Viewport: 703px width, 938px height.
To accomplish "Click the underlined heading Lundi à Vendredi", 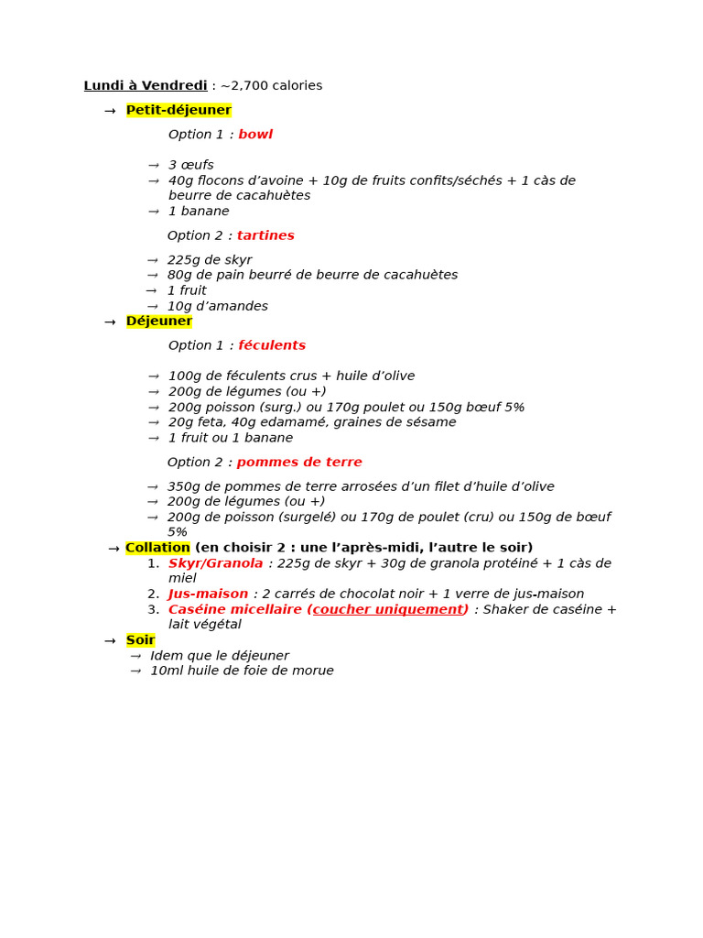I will tap(146, 86).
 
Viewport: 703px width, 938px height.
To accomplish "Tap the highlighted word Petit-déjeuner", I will tap(178, 110).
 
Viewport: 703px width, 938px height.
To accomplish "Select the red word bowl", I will tap(255, 135).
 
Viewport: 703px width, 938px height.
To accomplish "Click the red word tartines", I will tap(265, 235).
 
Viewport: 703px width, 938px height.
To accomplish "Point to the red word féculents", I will tap(272, 345).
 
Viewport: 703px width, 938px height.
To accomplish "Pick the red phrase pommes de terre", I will tap(299, 463).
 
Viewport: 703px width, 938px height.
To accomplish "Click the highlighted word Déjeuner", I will tap(159, 322).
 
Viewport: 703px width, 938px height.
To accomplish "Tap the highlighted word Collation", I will tap(157, 548).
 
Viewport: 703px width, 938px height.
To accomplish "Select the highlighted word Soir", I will tap(140, 640).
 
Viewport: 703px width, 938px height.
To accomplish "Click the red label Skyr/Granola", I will tap(216, 563).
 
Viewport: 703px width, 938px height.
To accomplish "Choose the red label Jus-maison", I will tap(209, 594).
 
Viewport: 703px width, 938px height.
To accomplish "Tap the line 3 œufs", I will tap(190, 165).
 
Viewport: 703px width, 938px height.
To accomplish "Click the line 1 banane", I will tap(199, 212).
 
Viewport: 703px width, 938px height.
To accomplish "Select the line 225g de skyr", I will tap(210, 260).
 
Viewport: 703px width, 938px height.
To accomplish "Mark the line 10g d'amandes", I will tap(218, 306).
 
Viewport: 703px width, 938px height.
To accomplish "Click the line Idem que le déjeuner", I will tap(220, 656).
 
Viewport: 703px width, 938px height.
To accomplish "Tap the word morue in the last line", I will tap(314, 671).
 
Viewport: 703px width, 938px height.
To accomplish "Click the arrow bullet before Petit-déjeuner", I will tap(110, 111).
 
